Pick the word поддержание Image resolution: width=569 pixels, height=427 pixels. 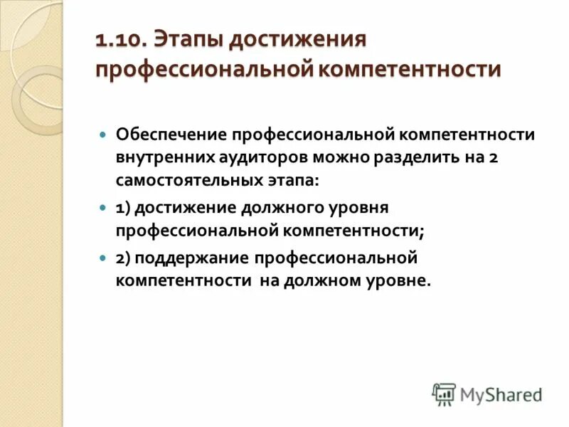tap(193, 257)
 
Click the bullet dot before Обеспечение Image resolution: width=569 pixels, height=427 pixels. tap(103, 134)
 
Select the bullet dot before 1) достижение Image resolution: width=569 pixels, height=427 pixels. tap(103, 208)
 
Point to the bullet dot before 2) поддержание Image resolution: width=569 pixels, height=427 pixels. tap(103, 258)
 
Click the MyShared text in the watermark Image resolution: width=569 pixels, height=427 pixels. tap(501, 394)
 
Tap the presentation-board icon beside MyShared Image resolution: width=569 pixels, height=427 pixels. tap(444, 394)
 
